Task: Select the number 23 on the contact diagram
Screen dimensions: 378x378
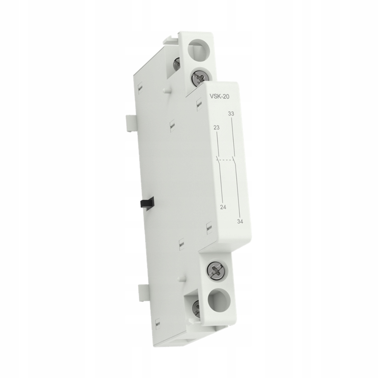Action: [217, 128]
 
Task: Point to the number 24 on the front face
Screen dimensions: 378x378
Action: [223, 208]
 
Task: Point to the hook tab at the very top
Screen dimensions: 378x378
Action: [171, 39]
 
